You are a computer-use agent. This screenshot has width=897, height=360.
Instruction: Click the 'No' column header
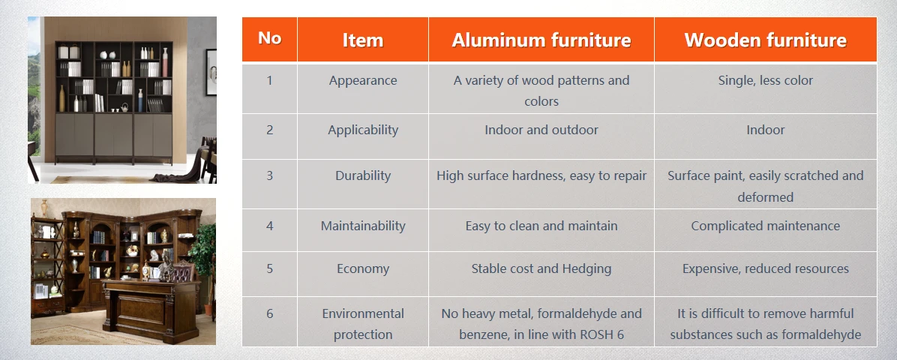tap(269, 38)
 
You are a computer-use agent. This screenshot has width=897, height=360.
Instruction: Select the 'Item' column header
tap(363, 40)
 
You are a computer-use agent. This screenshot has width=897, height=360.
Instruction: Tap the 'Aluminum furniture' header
tap(541, 40)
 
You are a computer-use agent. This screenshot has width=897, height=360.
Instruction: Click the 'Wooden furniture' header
tap(766, 40)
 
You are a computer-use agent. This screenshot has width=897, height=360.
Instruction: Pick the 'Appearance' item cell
tap(363, 81)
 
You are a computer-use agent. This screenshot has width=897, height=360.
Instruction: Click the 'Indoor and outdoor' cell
tap(541, 130)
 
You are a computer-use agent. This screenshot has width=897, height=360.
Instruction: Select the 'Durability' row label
tap(363, 175)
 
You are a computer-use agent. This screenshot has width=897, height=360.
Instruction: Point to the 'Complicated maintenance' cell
tap(766, 226)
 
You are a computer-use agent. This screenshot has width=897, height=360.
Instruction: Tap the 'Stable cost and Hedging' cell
tap(541, 269)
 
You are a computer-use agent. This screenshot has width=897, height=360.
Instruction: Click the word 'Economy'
tap(363, 269)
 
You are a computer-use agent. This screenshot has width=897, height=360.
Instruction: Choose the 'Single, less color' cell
tap(766, 81)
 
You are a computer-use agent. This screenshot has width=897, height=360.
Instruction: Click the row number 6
tap(269, 313)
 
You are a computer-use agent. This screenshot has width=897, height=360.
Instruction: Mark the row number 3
tap(269, 175)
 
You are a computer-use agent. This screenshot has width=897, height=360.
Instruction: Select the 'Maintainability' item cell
tap(363, 226)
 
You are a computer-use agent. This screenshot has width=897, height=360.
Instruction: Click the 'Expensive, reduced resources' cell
tap(766, 269)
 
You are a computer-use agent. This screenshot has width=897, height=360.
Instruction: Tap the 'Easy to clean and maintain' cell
tap(541, 226)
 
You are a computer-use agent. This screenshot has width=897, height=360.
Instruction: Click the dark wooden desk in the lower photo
tap(151, 310)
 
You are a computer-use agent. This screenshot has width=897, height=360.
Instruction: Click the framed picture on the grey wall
tap(211, 72)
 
